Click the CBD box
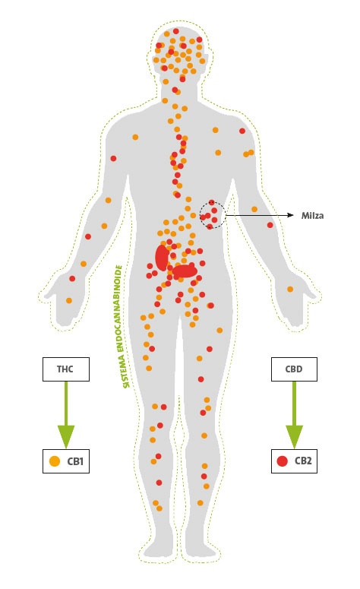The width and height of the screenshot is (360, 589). click(293, 369)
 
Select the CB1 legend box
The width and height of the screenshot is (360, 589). click(67, 461)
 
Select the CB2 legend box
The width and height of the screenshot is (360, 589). click(293, 461)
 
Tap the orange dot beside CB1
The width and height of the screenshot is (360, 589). click(54, 461)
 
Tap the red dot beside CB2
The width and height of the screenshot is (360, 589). click(282, 461)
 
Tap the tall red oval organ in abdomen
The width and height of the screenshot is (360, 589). click(162, 257)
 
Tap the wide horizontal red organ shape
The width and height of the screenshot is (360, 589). click(185, 270)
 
